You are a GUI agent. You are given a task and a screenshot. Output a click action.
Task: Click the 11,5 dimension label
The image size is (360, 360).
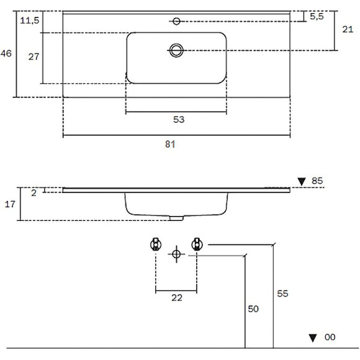coord(30,20)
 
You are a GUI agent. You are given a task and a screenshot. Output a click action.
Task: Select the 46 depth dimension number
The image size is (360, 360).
coord(6,53)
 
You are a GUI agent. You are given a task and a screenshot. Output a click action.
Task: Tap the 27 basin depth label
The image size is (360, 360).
coord(34,56)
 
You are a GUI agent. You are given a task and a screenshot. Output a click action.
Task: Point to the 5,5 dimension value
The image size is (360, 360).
coord(317,16)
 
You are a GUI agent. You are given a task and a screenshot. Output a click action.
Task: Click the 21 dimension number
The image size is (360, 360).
coord(348,29)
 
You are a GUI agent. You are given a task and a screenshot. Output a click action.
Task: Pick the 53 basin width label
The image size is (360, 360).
coord(179,119)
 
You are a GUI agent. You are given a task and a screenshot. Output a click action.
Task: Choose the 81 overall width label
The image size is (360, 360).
coord(170,144)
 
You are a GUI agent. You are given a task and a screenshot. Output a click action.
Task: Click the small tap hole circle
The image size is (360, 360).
coord(176,21)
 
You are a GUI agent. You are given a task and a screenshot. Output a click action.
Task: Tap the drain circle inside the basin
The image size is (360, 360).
coord(176,50)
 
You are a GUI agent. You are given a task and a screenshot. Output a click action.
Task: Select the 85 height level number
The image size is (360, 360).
coord(317,181)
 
